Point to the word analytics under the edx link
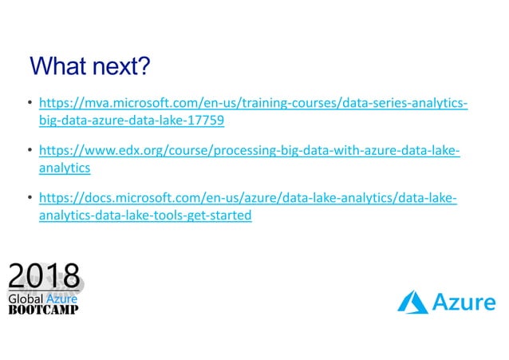coord(65,168)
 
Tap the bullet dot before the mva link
coord(30,105)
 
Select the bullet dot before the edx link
coord(30,152)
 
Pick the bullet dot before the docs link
coord(30,199)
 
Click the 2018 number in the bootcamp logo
coord(45,277)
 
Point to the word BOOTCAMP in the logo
coord(43,310)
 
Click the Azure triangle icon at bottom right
coord(413,302)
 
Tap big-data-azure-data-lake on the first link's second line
coord(112,121)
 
